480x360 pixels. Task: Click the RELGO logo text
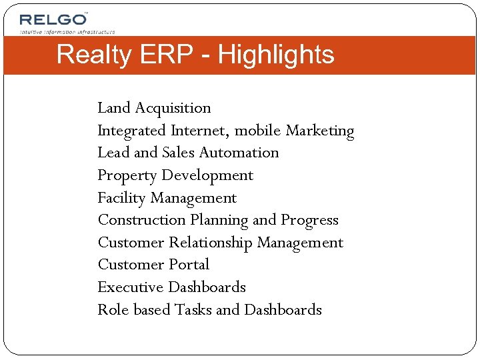point(53,19)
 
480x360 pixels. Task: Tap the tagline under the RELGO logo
point(67,31)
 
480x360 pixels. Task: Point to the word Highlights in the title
point(276,55)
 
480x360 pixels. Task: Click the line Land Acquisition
point(154,108)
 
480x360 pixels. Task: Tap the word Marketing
point(320,131)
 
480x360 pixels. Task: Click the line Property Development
point(175,175)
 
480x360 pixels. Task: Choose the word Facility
point(121,198)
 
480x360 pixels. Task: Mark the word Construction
point(141,220)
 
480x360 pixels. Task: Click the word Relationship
point(211,243)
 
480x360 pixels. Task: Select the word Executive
point(131,287)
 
